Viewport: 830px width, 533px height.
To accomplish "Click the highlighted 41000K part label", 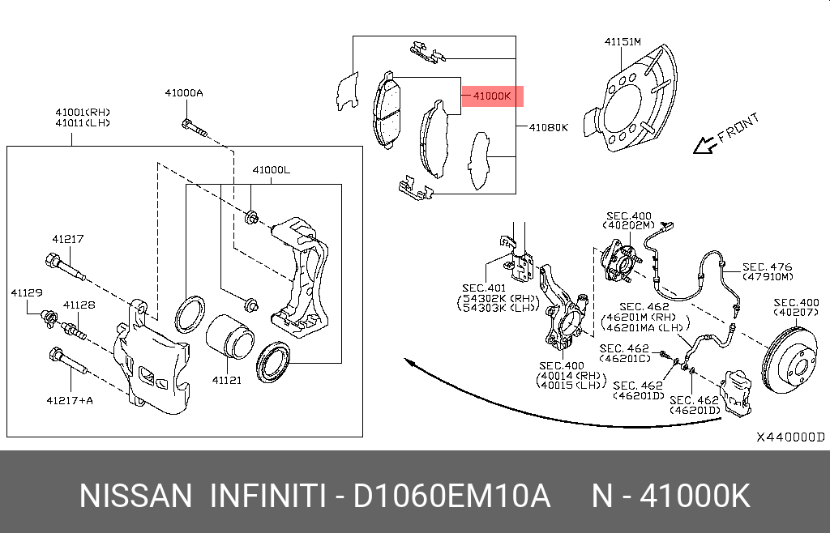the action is [x=492, y=96].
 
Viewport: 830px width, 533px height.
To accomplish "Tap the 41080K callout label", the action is [x=549, y=127].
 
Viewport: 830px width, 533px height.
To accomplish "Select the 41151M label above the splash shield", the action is [x=622, y=42].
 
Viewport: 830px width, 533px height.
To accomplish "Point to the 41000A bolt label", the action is [x=184, y=93].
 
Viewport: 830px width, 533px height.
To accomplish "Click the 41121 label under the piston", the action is [x=227, y=380].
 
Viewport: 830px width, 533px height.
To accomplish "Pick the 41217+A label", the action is [x=70, y=400].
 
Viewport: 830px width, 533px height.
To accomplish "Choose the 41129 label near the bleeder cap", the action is [x=27, y=292].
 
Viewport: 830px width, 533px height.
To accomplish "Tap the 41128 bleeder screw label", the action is [x=79, y=305].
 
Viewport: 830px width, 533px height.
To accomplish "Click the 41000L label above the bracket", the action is [x=271, y=170].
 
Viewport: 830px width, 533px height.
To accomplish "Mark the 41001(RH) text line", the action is [x=83, y=112].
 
